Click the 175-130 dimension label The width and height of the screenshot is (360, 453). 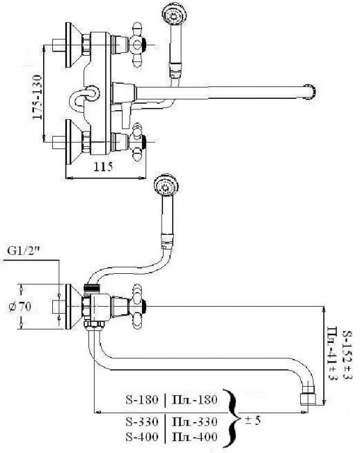pyautogui.click(x=38, y=97)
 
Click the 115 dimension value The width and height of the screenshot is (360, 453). pyautogui.click(x=103, y=167)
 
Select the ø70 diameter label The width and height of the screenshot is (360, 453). pyautogui.click(x=19, y=307)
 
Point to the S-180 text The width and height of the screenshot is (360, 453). pyautogui.click(x=142, y=399)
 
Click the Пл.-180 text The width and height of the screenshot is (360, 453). pyautogui.click(x=194, y=399)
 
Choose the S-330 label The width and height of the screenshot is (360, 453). pyautogui.click(x=142, y=422)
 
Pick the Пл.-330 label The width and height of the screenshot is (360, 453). pyautogui.click(x=194, y=422)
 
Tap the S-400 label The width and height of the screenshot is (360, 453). pyautogui.click(x=142, y=436)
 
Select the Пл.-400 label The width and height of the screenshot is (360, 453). pyautogui.click(x=194, y=436)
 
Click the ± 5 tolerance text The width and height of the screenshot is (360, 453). pyautogui.click(x=252, y=420)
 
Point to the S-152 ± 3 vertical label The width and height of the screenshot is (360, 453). pyautogui.click(x=347, y=355)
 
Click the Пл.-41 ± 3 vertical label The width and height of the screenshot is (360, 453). pyautogui.click(x=333, y=353)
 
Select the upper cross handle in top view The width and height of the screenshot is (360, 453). pyautogui.click(x=138, y=45)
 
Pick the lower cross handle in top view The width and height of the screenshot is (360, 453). pyautogui.click(x=138, y=141)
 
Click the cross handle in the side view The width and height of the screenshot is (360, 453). pyautogui.click(x=138, y=306)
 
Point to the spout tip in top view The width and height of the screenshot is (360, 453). pyautogui.click(x=310, y=92)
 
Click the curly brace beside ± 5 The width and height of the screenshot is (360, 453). pyautogui.click(x=233, y=419)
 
